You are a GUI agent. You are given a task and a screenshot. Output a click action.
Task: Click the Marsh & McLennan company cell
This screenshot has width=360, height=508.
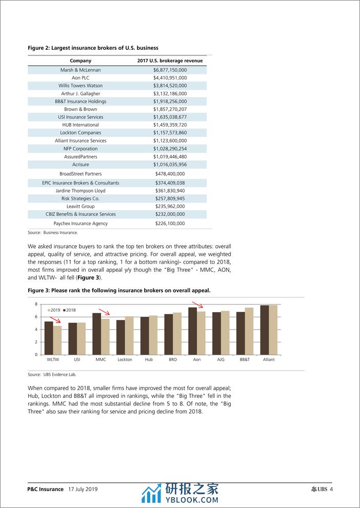click(x=81, y=70)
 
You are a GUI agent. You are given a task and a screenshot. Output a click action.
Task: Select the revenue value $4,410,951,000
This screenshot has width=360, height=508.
click(x=170, y=77)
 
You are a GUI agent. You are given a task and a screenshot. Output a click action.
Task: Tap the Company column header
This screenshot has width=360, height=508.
click(x=81, y=60)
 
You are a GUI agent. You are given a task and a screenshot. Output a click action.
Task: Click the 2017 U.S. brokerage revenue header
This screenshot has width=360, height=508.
click(x=170, y=60)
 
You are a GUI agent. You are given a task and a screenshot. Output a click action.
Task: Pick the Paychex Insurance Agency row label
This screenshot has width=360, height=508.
click(x=81, y=223)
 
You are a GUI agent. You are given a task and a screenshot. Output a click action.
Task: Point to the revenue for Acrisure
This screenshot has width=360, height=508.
click(x=170, y=165)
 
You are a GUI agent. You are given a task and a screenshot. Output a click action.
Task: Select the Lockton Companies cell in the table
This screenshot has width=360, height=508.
click(x=81, y=133)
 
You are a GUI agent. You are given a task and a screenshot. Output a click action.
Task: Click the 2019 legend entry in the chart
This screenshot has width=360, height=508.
click(x=54, y=310)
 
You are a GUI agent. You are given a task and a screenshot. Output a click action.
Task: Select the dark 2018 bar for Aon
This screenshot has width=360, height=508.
click(x=192, y=331)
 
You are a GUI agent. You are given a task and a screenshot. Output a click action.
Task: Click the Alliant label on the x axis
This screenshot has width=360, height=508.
click(x=268, y=360)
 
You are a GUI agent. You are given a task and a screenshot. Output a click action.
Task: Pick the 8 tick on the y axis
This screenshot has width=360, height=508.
click(x=36, y=304)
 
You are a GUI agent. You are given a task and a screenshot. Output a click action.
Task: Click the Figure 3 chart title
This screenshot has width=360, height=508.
click(x=119, y=290)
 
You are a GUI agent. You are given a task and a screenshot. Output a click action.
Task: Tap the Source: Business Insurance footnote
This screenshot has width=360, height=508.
click(x=53, y=233)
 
